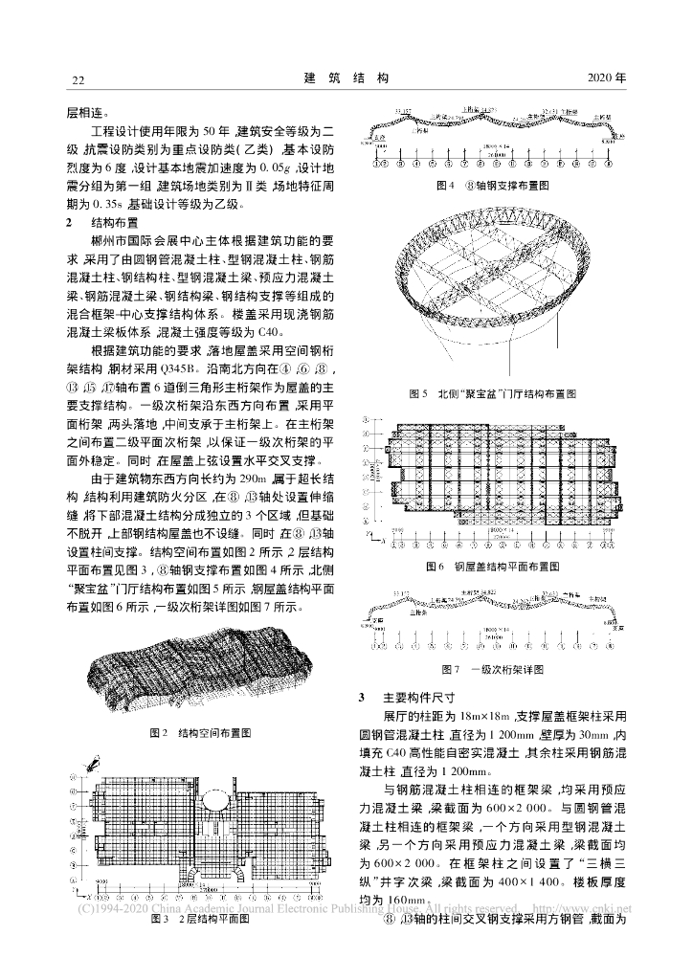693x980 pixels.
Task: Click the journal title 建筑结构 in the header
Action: click(346, 77)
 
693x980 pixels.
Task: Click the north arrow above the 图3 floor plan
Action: click(93, 763)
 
